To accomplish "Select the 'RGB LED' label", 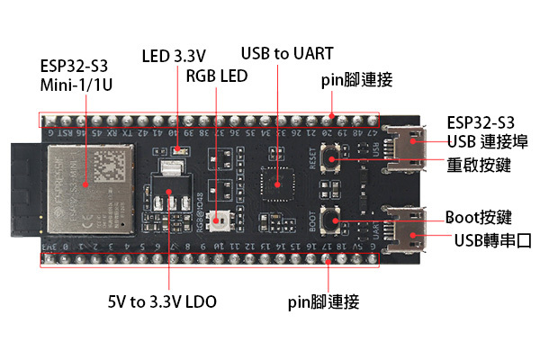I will pos(216,76).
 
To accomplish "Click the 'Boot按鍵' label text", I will pos(479,217).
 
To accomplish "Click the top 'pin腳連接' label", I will pos(356,79).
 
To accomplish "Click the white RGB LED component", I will pos(220,218).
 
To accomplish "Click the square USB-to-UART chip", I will pos(276,184).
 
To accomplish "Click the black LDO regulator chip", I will pos(167,200).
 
